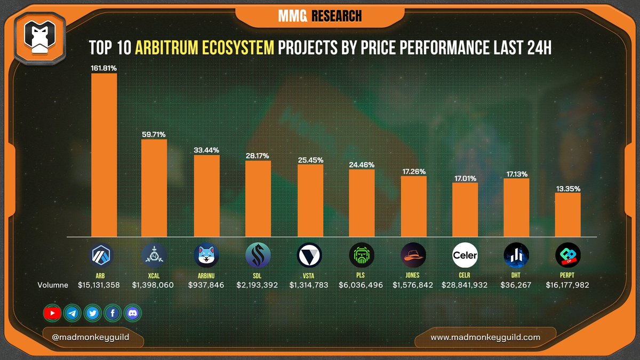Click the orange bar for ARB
click(x=104, y=155)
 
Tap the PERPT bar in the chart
click(x=568, y=215)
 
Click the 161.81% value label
click(x=104, y=68)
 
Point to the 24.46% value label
click(x=362, y=165)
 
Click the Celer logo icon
click(x=465, y=255)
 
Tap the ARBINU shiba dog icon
click(x=206, y=255)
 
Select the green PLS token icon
click(x=362, y=255)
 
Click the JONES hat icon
click(x=413, y=255)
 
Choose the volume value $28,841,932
click(x=465, y=285)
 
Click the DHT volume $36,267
click(x=516, y=285)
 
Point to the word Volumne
click(x=53, y=285)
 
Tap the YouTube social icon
click(x=52, y=313)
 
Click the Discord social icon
click(x=133, y=313)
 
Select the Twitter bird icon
click(x=92, y=313)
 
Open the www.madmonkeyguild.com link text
click(x=485, y=337)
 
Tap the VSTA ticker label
click(x=310, y=275)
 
